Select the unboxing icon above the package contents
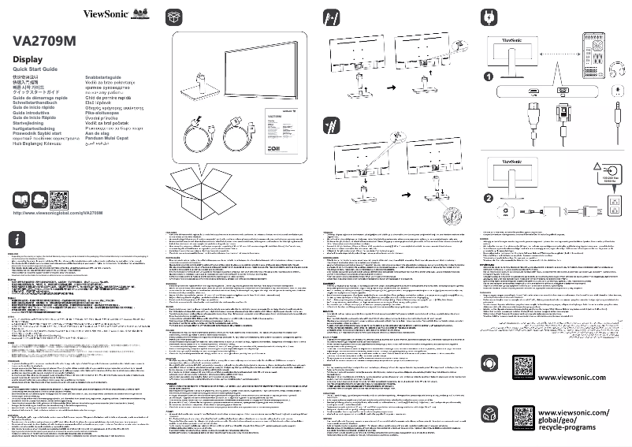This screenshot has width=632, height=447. (x=175, y=16)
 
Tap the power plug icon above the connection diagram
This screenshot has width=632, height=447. (x=488, y=16)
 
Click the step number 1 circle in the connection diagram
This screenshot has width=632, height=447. (x=489, y=77)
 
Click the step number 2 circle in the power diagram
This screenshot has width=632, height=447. (x=489, y=197)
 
